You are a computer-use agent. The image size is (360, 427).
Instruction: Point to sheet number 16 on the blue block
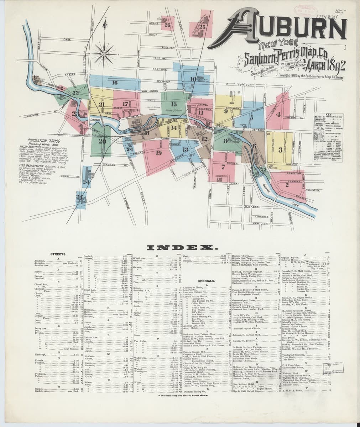tap(114, 83)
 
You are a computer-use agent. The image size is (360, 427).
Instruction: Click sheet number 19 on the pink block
tap(158, 153)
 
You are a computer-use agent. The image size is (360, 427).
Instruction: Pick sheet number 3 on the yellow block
tap(281, 149)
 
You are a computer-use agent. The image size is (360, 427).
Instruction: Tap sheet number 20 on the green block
tap(102, 141)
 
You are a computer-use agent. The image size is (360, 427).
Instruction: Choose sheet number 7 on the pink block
tap(223, 167)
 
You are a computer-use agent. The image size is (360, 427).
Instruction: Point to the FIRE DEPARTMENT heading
tap(39, 165)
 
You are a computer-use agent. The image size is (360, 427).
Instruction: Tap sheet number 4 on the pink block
tap(278, 115)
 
